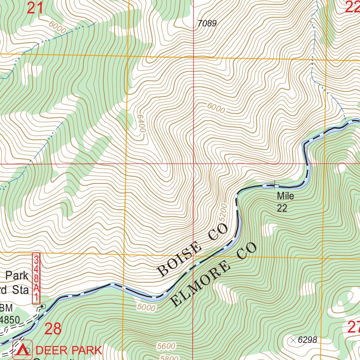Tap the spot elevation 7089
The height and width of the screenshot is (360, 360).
point(207,24)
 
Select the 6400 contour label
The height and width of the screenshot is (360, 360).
point(141,123)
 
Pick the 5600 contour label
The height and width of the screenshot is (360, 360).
point(166,346)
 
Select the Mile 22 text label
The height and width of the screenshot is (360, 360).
point(285,202)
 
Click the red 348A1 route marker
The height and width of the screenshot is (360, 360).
point(36,278)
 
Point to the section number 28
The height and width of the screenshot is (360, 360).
point(53,329)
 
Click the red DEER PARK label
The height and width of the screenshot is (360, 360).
point(69,350)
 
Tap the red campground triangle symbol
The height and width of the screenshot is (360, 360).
point(22,350)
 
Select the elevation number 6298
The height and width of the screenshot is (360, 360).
point(307,340)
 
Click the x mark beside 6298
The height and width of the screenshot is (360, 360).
point(293,340)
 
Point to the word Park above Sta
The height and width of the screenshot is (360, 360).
point(17,275)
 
